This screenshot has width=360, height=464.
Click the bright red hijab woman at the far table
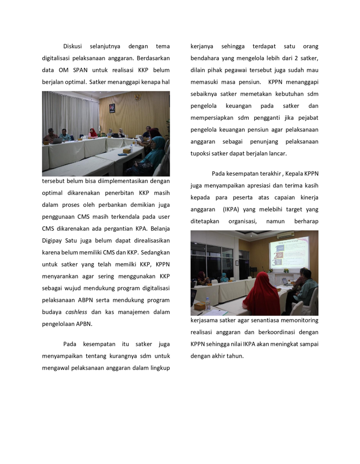coord(93,132)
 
